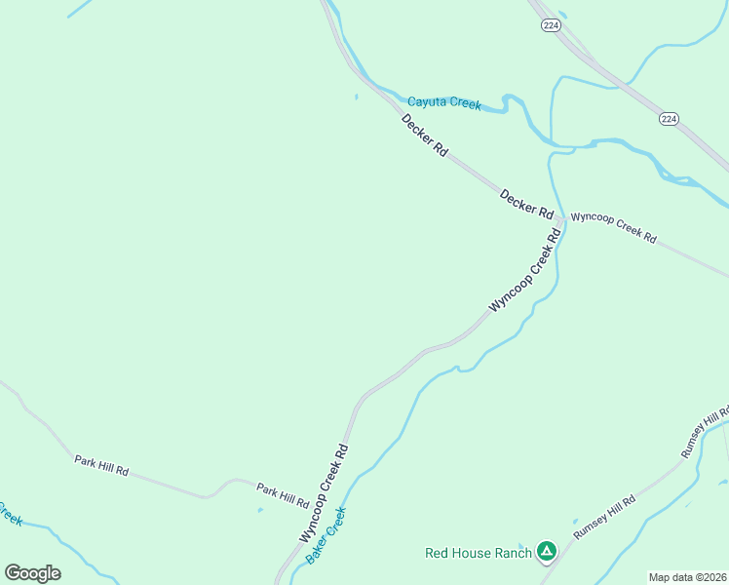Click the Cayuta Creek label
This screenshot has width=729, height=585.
(x=444, y=102)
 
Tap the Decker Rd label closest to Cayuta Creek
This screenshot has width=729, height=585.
(x=424, y=136)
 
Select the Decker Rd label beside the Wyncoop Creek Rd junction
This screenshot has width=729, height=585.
(x=526, y=203)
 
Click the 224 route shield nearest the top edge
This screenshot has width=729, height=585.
(x=551, y=26)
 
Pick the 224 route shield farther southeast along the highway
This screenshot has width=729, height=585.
(x=668, y=118)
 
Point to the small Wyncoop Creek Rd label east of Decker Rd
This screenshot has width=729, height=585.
(x=613, y=227)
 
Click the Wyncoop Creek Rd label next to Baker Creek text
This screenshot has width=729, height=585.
(x=324, y=494)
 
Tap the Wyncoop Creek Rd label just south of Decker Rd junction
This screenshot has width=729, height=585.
(x=526, y=270)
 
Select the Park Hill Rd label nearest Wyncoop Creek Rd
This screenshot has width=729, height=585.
(x=283, y=494)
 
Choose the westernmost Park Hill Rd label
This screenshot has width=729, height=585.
(x=101, y=464)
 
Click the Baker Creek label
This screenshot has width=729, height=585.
(x=326, y=535)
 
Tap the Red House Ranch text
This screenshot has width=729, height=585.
(x=479, y=553)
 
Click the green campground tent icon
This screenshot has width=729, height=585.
(x=547, y=553)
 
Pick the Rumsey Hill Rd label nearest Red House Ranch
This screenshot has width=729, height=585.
(x=604, y=517)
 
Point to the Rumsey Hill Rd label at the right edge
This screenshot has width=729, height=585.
(x=705, y=430)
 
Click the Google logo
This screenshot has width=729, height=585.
(x=32, y=573)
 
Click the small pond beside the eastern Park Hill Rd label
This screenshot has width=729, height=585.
(x=259, y=509)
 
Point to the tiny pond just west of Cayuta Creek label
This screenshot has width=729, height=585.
(x=357, y=96)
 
